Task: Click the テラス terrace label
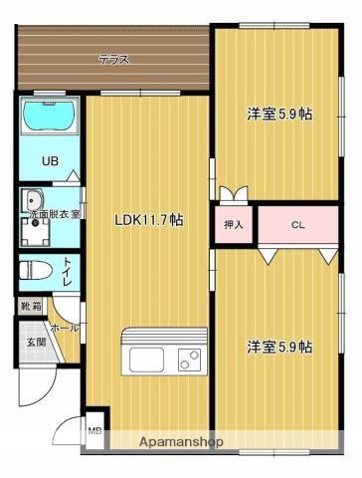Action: (x=113, y=60)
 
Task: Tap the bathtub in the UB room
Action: (x=48, y=117)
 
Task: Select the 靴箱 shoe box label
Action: (x=31, y=308)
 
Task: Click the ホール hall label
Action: (x=64, y=328)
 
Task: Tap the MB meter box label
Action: (x=94, y=430)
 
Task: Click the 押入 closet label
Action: (x=233, y=225)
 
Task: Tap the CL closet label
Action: (x=297, y=225)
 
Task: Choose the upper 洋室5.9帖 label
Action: (x=279, y=114)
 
